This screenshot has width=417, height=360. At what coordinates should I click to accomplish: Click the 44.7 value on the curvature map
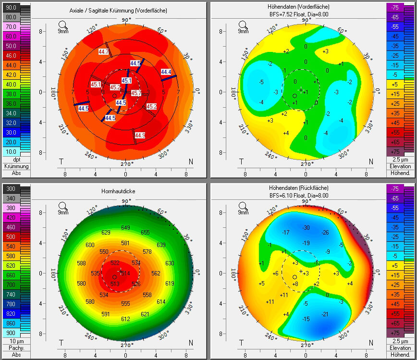pyautogui.click(x=103, y=51)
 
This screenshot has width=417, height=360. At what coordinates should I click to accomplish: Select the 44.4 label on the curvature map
pyautogui.click(x=166, y=72)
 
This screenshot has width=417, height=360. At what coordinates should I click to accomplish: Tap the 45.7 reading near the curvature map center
pyautogui.click(x=136, y=93)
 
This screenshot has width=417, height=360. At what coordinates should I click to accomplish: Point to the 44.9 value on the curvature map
pyautogui.click(x=140, y=135)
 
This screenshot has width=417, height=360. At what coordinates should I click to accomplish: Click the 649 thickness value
pyautogui.click(x=126, y=227)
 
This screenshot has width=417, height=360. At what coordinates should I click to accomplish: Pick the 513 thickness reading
pyautogui.click(x=115, y=284)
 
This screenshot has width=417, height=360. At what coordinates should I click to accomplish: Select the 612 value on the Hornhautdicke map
pyautogui.click(x=125, y=319)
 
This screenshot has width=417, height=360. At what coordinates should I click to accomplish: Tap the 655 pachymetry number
pyautogui.click(x=146, y=232)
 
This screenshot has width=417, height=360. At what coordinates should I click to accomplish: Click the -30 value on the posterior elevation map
pyautogui.click(x=306, y=227)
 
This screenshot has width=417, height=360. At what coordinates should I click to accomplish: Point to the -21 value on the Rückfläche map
pyautogui.click(x=325, y=314)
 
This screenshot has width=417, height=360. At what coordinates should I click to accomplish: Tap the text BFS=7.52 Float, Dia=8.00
pyautogui.click(x=306, y=14)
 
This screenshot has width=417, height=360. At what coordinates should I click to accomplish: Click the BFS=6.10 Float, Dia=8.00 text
pyautogui.click(x=306, y=196)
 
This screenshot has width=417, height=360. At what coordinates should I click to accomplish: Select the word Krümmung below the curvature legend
pyautogui.click(x=16, y=166)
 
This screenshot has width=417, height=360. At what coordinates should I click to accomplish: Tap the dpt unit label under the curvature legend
pyautogui.click(x=16, y=160)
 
